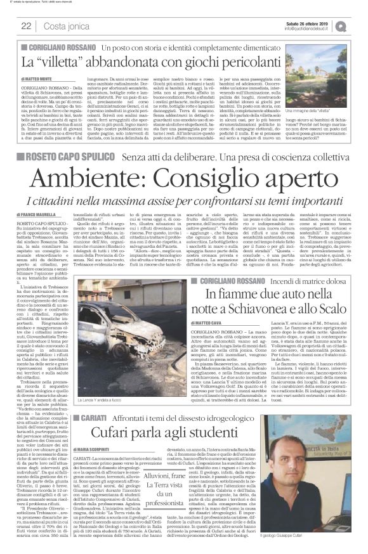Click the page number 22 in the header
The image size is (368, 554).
26,26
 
